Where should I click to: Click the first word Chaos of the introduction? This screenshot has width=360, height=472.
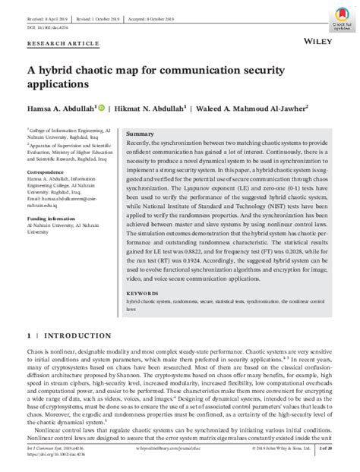point(36,354)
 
